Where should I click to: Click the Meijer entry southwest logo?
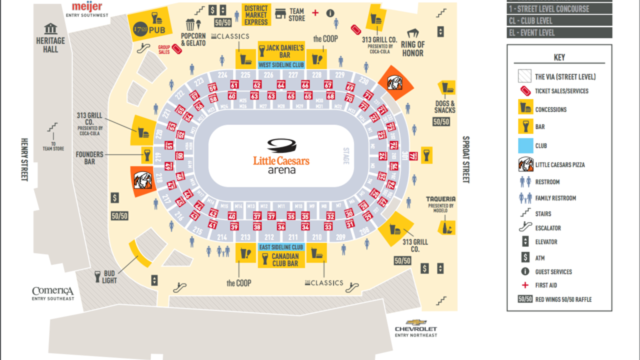click(x=87, y=8)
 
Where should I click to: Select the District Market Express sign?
click(x=256, y=14)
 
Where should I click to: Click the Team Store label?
click(x=297, y=15)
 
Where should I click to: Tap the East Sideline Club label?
click(x=281, y=247)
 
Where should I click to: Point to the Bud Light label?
click(x=109, y=277)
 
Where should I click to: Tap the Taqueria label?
click(x=440, y=199)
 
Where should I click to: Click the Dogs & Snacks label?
click(x=444, y=106)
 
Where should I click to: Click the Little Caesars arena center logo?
click(x=281, y=156)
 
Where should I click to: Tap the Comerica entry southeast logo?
click(x=53, y=292)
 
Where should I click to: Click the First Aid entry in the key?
click(x=546, y=285)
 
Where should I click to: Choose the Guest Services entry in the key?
click(x=553, y=271)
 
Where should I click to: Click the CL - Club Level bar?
click(x=559, y=20)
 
